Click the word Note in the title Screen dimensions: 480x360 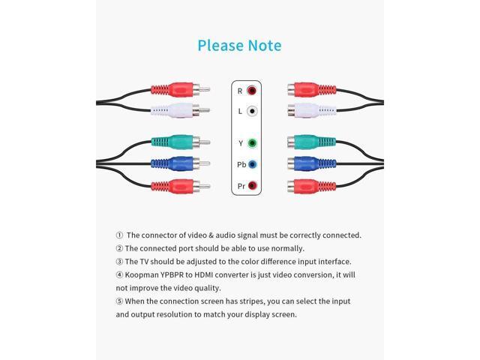click(262, 46)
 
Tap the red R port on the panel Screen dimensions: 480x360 click(252, 91)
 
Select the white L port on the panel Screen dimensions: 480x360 click(252, 111)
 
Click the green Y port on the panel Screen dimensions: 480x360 click(252, 142)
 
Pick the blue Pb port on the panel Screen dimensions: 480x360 click(252, 163)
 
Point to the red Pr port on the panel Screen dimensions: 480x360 click(252, 184)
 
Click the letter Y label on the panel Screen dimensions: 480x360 click(239, 142)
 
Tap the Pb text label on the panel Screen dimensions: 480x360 click(239, 163)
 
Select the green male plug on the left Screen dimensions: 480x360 click(176, 142)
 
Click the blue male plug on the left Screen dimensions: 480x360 click(176, 163)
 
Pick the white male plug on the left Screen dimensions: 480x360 click(176, 111)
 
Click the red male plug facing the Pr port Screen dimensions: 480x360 click(176, 184)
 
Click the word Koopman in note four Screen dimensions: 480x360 click(144, 274)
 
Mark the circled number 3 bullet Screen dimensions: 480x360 click(119, 261)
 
